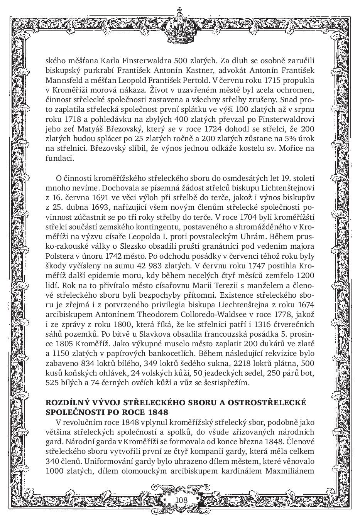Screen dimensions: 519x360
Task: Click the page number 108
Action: point(181,500)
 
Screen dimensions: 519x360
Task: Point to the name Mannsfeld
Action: point(63,81)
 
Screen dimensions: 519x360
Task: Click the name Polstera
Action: point(59,256)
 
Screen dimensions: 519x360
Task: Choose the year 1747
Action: point(257,266)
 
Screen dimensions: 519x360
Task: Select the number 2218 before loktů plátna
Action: point(239,364)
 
